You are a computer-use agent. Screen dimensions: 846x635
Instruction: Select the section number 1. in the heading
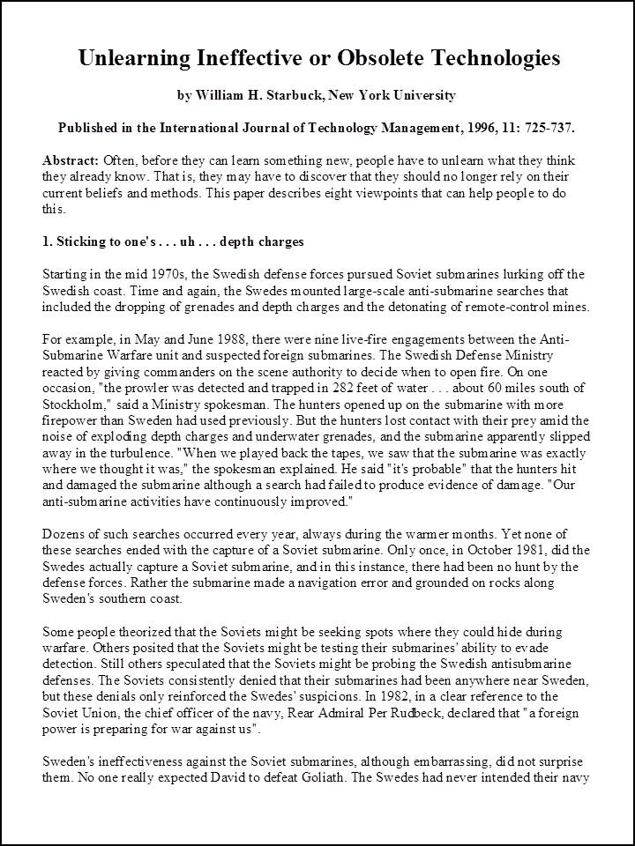click(x=48, y=241)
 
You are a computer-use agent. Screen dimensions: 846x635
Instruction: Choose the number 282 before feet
click(x=329, y=388)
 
